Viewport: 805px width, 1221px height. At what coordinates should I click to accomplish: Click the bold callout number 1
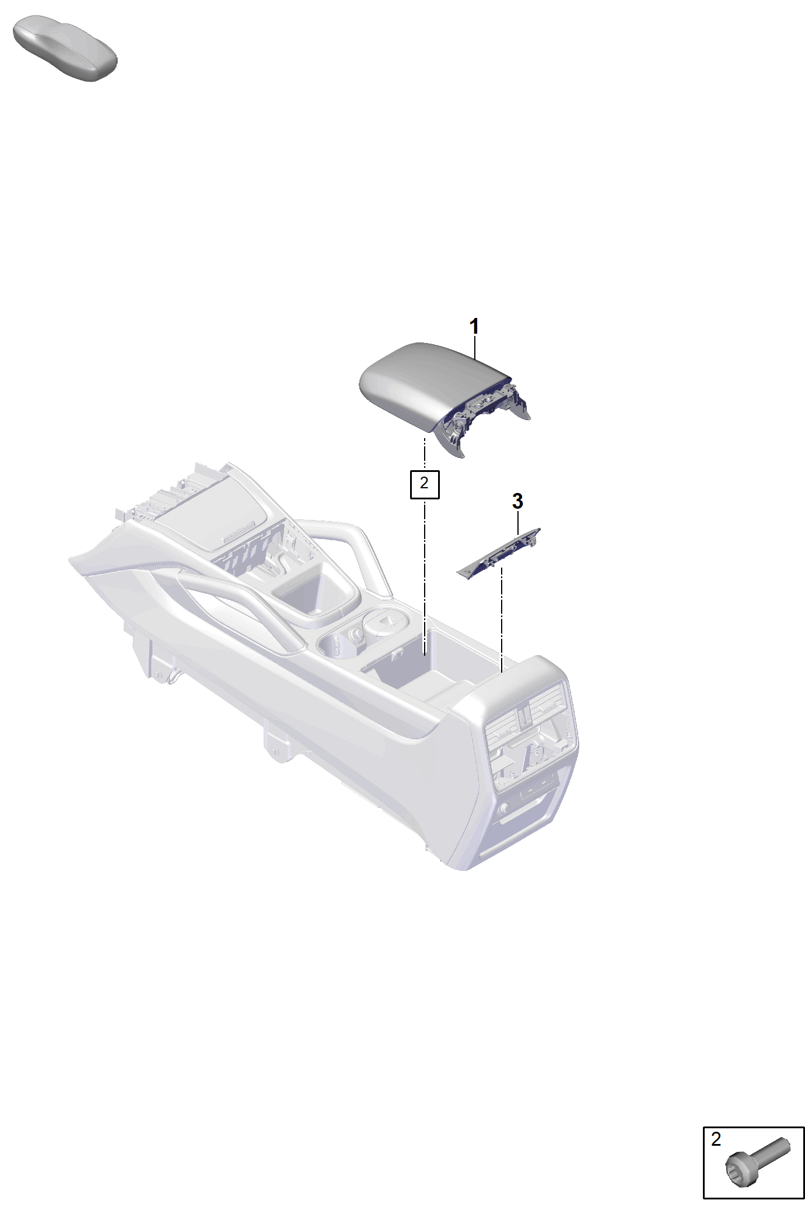474,327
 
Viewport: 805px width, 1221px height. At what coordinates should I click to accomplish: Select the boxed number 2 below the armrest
424,483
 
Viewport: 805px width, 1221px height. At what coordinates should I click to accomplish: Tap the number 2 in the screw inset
716,1139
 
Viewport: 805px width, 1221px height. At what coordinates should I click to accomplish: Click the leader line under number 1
475,347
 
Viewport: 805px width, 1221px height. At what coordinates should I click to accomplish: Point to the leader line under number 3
518,522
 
